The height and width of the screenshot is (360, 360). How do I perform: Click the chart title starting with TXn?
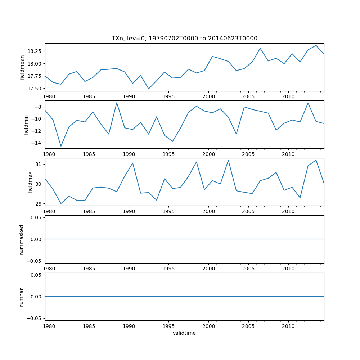184,38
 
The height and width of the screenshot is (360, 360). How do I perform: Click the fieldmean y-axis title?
22,67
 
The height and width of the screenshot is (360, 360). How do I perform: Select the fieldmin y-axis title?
26,125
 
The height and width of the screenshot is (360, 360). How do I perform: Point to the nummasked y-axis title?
22,239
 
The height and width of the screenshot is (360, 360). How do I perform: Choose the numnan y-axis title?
22,297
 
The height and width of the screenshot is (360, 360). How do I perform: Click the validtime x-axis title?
184,333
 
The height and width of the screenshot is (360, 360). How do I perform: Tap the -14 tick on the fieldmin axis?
37,143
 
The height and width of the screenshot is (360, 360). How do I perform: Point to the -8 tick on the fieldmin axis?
38,107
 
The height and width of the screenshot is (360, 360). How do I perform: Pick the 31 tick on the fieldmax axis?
39,164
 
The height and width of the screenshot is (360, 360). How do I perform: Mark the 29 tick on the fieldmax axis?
39,204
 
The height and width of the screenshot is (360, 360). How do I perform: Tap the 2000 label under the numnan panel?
208,327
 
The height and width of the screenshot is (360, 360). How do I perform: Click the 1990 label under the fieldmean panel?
129,96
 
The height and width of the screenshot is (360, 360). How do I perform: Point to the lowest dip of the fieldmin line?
61,146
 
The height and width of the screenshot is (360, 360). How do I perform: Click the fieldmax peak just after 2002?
228,160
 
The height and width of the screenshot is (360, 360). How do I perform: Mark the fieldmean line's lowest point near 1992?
149,89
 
